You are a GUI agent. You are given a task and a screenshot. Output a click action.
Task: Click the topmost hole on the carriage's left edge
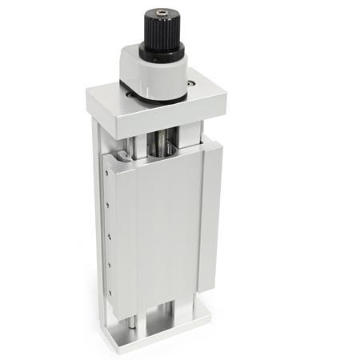click(x=105, y=169)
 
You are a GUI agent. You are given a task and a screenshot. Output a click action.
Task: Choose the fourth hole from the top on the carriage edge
click(x=106, y=261)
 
